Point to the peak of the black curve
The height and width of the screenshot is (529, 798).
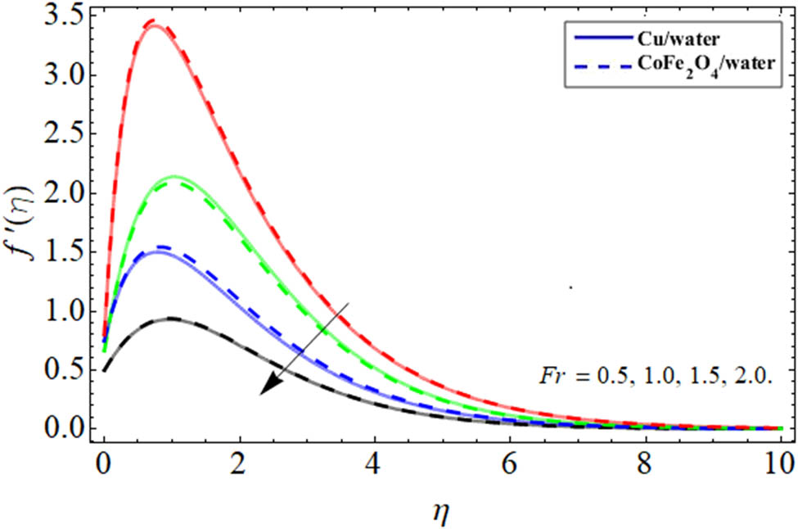tap(171, 319)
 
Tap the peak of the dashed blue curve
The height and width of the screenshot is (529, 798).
tap(164, 246)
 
